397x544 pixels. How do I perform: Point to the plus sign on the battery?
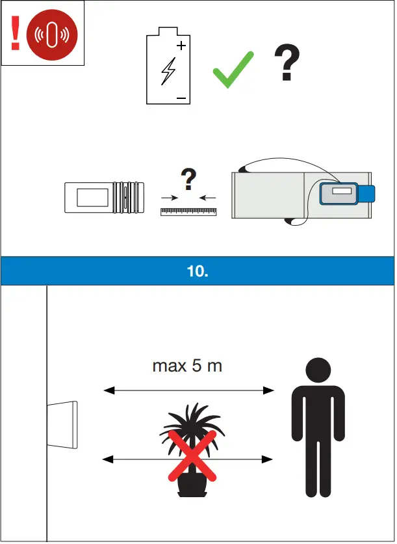[181, 46]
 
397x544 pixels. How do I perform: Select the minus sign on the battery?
[181, 98]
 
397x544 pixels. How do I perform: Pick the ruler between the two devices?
[188, 211]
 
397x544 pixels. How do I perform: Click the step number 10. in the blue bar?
[198, 271]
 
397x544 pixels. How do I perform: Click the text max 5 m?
[187, 366]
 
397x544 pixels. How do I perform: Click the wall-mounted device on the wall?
[63, 424]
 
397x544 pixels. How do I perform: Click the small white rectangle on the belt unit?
[341, 192]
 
